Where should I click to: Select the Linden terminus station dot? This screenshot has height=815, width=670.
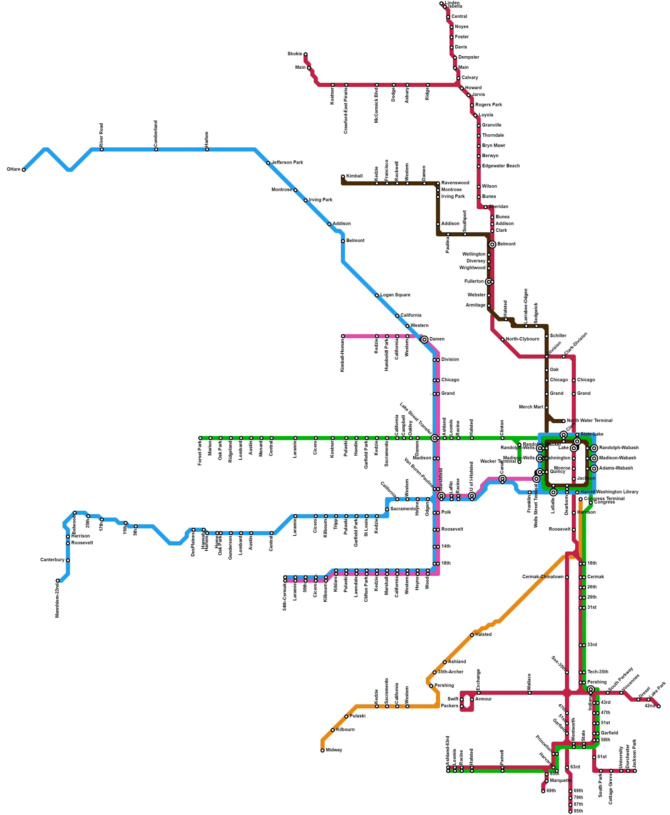pyautogui.click(x=441, y=3)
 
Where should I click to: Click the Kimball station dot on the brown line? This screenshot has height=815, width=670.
pyautogui.click(x=343, y=177)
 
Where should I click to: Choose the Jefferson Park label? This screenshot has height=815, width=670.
pyautogui.click(x=287, y=163)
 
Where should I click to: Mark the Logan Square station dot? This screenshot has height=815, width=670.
pyautogui.click(x=377, y=295)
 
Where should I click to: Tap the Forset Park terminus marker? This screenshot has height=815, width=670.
pyautogui.click(x=200, y=438)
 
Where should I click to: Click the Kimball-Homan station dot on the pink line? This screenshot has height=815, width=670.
pyautogui.click(x=343, y=336)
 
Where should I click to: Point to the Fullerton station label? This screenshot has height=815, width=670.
pyautogui.click(x=474, y=281)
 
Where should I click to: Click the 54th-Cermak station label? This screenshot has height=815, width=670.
pyautogui.click(x=285, y=597)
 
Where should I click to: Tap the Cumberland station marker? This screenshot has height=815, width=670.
pyautogui.click(x=156, y=149)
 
